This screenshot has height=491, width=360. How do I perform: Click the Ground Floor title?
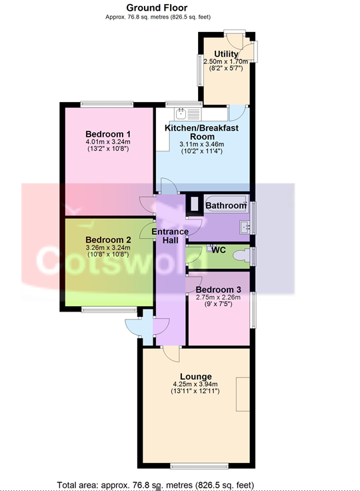click(x=157, y=7)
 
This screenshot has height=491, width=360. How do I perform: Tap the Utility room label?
click(x=226, y=54)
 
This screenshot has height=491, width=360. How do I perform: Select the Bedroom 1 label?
click(x=108, y=134)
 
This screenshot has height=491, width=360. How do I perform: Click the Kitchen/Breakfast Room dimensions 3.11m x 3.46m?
click(x=201, y=144)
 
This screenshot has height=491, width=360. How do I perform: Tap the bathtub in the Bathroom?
click(x=226, y=203)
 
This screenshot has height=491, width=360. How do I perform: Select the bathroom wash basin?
click(x=245, y=227)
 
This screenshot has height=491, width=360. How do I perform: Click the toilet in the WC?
click(x=242, y=256)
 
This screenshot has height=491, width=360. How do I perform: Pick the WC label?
click(x=219, y=250)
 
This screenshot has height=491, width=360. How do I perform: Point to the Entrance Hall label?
click(x=170, y=235)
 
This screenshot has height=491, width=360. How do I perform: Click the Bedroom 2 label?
click(x=108, y=240)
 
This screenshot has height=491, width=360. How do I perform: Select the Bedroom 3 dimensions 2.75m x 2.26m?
click(x=218, y=297)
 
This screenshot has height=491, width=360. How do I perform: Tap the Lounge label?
click(x=196, y=376)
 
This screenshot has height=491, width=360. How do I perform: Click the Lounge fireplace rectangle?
click(x=243, y=394)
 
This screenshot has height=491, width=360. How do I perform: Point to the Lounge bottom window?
click(x=199, y=466)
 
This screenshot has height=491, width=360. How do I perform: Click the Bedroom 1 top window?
click(x=107, y=104)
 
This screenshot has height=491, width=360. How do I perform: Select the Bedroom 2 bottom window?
click(x=109, y=310)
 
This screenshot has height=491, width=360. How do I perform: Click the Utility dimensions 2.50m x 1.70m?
click(x=226, y=61)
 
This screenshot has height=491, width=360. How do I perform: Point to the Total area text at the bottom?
click(x=155, y=485)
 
